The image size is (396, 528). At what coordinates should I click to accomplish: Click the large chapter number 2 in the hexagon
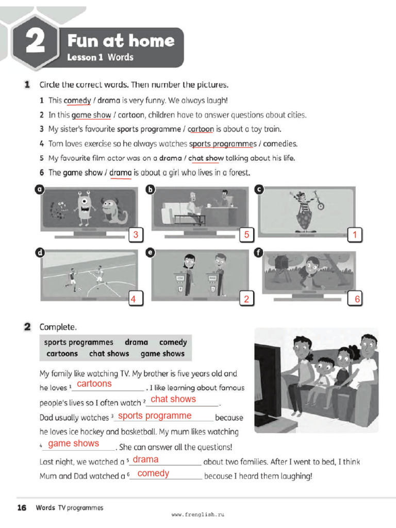tap(35, 42)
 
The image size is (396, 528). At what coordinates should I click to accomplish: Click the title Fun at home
tap(121, 41)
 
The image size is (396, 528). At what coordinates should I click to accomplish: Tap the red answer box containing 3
tap(136, 235)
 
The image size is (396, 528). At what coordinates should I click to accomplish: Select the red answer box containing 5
tap(246, 235)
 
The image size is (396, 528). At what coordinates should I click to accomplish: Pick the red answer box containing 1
tap(355, 235)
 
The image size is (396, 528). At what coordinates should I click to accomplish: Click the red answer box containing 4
tap(134, 299)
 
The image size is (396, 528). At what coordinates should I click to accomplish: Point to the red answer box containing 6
tap(356, 299)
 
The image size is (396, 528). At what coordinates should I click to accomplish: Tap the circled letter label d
tap(39, 253)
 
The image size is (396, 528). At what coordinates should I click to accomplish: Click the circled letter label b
tap(151, 190)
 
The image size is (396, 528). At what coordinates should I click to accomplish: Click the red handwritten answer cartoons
tap(94, 384)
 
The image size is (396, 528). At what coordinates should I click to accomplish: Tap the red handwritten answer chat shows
tap(173, 399)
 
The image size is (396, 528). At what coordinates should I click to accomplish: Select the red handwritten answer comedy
tap(153, 473)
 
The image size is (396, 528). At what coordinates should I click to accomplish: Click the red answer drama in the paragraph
tap(145, 459)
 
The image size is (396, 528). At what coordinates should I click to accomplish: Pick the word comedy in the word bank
tap(173, 342)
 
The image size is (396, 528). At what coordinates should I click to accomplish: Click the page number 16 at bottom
tap(22, 508)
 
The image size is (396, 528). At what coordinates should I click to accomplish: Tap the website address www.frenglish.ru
tap(198, 515)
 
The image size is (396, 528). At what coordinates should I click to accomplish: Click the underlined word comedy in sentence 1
tap(77, 101)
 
